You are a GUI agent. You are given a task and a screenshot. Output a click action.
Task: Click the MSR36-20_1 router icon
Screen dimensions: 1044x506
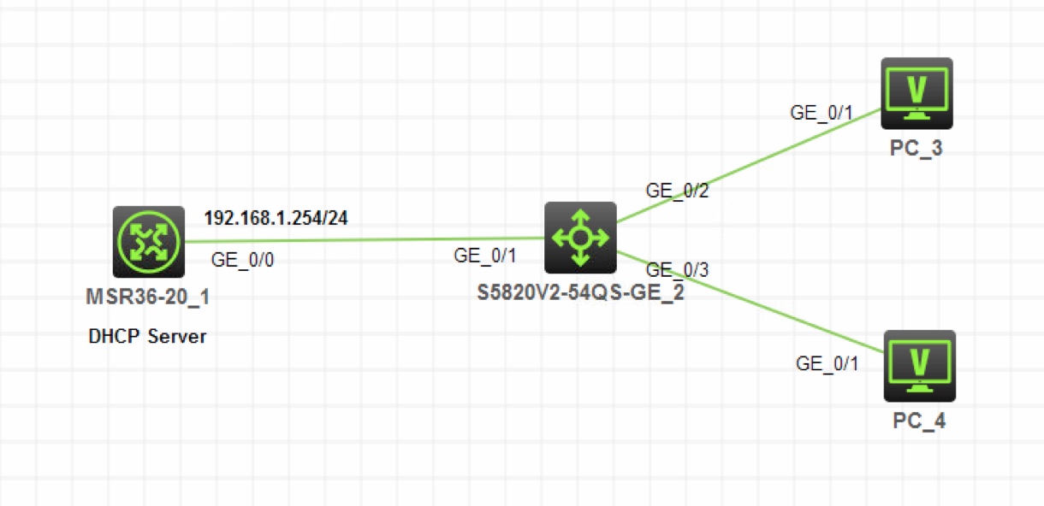[148, 241]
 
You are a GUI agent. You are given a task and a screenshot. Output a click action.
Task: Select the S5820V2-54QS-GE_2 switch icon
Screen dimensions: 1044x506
[580, 238]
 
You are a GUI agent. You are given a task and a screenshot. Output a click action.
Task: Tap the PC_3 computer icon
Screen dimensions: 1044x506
[916, 93]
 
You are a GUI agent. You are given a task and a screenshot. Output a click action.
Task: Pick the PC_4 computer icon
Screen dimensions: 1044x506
[919, 366]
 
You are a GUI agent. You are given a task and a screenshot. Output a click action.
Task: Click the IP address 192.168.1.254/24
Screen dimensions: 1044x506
[276, 218]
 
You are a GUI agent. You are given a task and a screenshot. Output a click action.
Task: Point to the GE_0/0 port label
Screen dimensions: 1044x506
[243, 261]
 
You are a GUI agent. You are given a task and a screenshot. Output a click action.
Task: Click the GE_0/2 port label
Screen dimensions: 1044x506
[678, 191]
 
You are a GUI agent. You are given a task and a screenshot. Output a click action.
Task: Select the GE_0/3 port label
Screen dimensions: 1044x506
[677, 270]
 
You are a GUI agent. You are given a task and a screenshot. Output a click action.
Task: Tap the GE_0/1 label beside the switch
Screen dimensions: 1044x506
[485, 255]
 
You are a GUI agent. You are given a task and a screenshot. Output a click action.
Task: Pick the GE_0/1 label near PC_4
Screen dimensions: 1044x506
[827, 363]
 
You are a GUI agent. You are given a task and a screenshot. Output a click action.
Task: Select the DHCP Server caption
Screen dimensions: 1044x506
[147, 337]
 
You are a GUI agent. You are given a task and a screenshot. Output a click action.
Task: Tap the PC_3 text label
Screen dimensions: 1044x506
[917, 149]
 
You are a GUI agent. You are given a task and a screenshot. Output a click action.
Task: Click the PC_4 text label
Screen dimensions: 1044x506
[918, 421]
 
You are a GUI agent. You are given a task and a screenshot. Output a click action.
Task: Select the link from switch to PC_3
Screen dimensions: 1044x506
[749, 165]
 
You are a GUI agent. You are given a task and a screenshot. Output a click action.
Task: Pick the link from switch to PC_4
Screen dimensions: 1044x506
[753, 302]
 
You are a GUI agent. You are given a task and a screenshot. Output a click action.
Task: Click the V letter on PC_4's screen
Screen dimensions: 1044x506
[919, 360]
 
